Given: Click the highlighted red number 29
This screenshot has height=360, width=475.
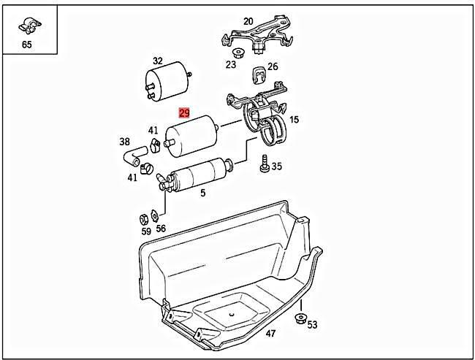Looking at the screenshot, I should coord(185,113).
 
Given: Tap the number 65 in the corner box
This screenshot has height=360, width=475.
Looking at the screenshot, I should coord(27,45).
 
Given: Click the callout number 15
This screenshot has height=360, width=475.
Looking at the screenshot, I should coord(294,119).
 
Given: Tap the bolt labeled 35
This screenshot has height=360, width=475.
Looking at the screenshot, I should coord(263,166).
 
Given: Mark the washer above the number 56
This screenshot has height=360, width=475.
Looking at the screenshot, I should coord(156,215).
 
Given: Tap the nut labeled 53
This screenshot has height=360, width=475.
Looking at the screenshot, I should coord(300,319).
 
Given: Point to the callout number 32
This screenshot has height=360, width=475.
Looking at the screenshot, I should coord(157,61).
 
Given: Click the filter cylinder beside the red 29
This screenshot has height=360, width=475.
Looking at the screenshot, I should coord(194,135).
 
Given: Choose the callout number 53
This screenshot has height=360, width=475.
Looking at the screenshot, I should coord(312,324).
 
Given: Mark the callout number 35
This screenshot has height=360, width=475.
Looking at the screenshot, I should coord(276,166).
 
